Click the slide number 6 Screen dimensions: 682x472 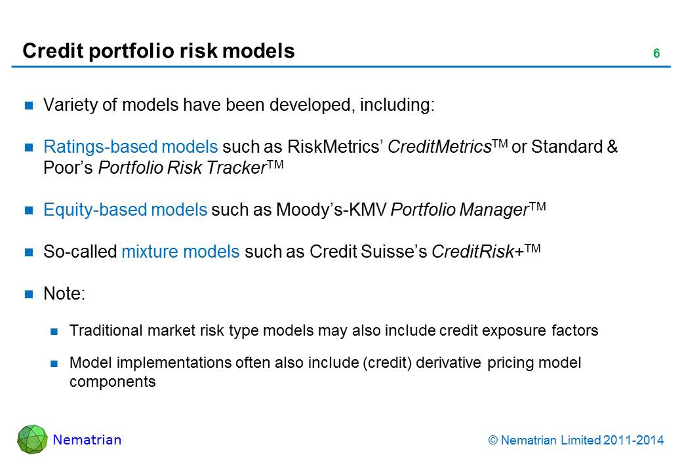click(656, 53)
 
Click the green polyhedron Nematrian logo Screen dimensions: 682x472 click(32, 439)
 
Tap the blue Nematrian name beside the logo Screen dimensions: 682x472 click(87, 440)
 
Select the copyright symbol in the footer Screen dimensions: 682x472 click(492, 441)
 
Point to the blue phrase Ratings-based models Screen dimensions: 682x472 click(130, 147)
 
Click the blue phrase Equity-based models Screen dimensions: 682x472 click(125, 210)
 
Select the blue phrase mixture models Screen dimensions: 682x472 click(180, 252)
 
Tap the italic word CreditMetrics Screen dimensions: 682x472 click(439, 147)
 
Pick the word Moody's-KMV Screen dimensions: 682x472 click(331, 210)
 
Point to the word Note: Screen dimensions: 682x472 click(64, 294)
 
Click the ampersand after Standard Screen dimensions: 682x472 click(612, 147)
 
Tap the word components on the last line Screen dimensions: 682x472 click(113, 382)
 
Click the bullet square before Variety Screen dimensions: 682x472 click(29, 105)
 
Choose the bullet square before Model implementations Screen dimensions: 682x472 click(54, 363)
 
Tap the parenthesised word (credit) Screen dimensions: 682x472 click(388, 363)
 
